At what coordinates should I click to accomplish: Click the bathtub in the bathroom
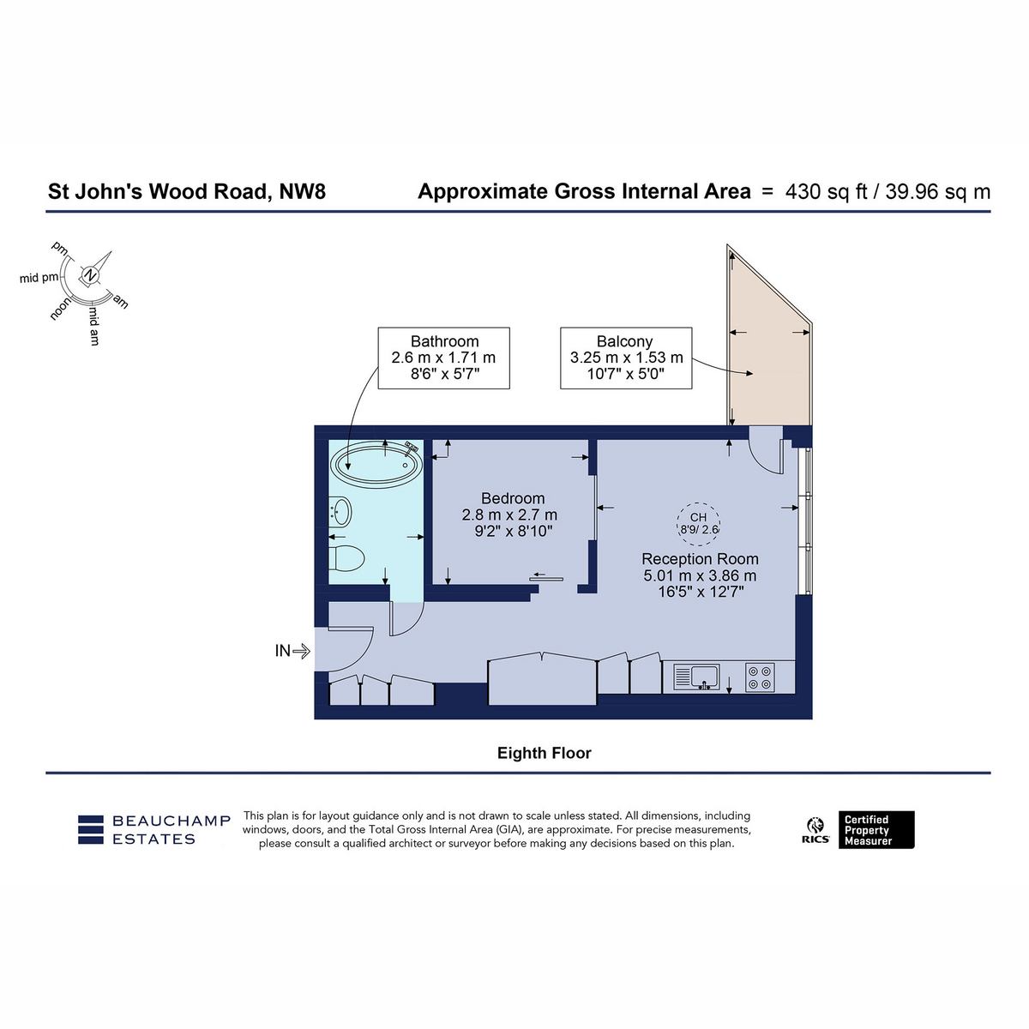click(376, 464)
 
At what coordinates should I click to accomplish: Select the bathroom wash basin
click(340, 512)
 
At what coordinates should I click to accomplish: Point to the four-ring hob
click(760, 677)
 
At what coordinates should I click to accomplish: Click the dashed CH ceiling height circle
click(698, 524)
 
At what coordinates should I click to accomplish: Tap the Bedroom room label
click(513, 498)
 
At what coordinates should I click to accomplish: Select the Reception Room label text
click(700, 558)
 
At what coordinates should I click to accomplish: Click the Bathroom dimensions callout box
click(443, 358)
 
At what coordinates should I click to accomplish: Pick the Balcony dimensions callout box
click(626, 358)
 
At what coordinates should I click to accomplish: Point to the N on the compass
click(91, 275)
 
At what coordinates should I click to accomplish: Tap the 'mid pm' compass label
click(39, 278)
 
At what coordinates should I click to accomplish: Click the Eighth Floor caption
click(545, 753)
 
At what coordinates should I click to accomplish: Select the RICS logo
click(815, 830)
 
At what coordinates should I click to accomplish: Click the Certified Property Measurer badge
click(876, 830)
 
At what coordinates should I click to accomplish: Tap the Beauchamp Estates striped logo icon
click(90, 829)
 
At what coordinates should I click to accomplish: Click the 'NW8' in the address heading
click(302, 191)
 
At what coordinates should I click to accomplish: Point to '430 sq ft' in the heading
click(826, 192)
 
